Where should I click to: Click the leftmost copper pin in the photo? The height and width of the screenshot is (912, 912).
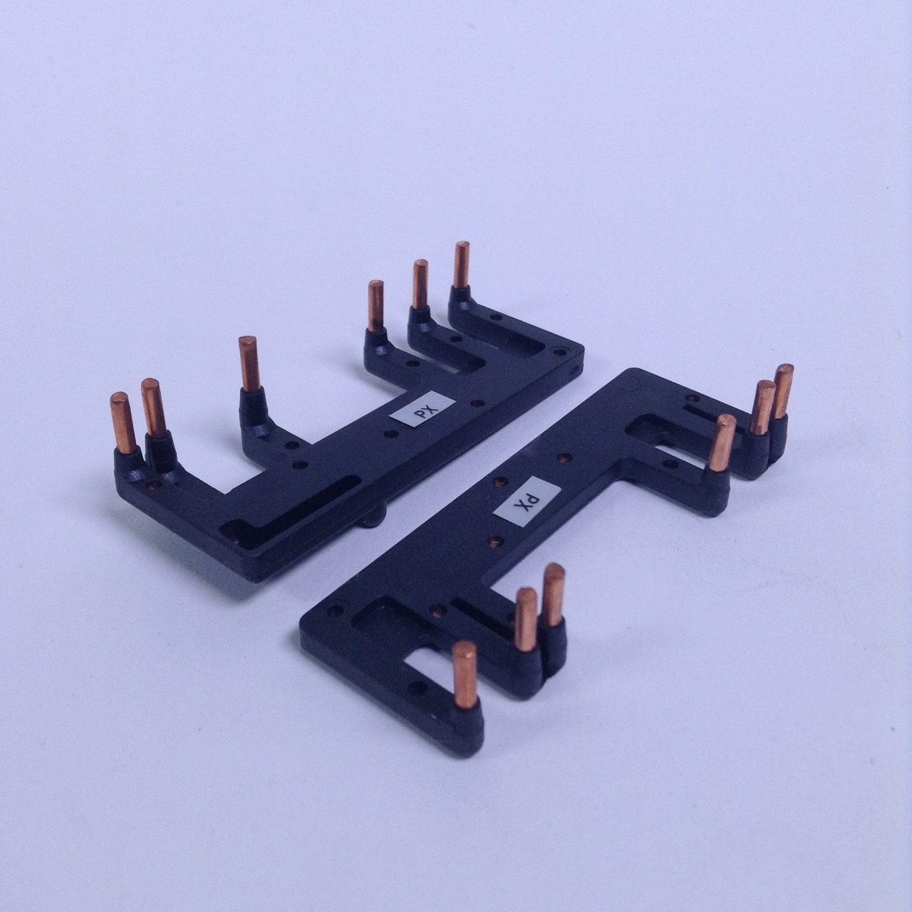[x=124, y=423]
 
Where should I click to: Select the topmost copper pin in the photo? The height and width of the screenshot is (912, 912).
[x=462, y=265]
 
